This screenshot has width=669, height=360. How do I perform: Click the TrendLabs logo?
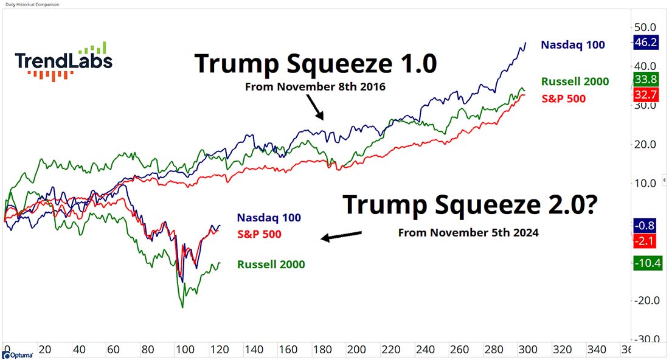point(63,61)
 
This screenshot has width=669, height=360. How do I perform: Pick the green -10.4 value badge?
point(647,263)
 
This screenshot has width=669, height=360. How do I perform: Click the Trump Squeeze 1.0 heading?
point(315,64)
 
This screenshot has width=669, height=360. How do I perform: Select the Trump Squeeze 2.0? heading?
point(470,205)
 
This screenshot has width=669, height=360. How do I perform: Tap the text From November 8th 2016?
point(316,87)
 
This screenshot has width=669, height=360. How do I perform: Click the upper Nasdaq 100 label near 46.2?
point(572,45)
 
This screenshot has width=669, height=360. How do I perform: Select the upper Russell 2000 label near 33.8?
point(574,81)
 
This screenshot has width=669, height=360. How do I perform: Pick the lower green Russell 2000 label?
point(271,265)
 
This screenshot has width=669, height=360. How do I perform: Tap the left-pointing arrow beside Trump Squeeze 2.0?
point(341,236)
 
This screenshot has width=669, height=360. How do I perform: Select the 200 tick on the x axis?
point(356,350)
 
